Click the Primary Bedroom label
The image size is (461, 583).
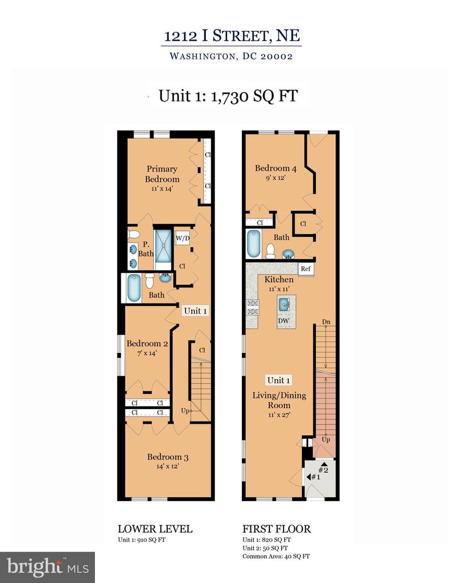[162, 174]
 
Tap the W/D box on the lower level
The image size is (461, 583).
[182, 238]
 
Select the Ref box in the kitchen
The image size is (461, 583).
[306, 268]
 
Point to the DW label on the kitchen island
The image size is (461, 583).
[283, 321]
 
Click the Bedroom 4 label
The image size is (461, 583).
[272, 168]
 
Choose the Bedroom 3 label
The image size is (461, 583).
[167, 457]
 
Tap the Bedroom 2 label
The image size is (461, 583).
[147, 343]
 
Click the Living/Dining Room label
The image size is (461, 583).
[279, 400]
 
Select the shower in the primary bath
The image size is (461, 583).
[162, 246]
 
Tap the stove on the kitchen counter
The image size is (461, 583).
[251, 307]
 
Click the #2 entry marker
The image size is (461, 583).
[323, 467]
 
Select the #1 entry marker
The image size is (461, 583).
[315, 477]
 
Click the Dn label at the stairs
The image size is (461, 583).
[326, 322]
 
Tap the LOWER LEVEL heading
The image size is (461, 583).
[155, 528]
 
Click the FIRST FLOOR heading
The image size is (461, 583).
[276, 528]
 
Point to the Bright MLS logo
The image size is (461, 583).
[48, 567]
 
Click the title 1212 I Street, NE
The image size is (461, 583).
[232, 36]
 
